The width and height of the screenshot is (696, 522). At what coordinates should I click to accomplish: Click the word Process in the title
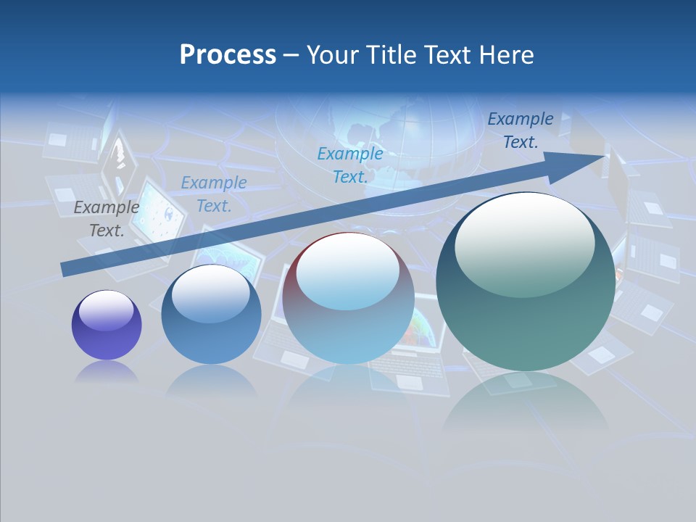(228, 55)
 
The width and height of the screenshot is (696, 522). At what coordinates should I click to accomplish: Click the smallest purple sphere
(107, 325)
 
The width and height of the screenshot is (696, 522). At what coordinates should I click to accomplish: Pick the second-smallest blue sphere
(211, 315)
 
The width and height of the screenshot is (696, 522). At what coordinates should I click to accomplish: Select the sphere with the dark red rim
(348, 298)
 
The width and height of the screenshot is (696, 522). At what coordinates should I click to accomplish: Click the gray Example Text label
(107, 218)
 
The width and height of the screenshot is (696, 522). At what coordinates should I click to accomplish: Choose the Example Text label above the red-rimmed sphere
(350, 165)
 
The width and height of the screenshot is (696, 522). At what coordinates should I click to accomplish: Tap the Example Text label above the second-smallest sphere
(214, 194)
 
